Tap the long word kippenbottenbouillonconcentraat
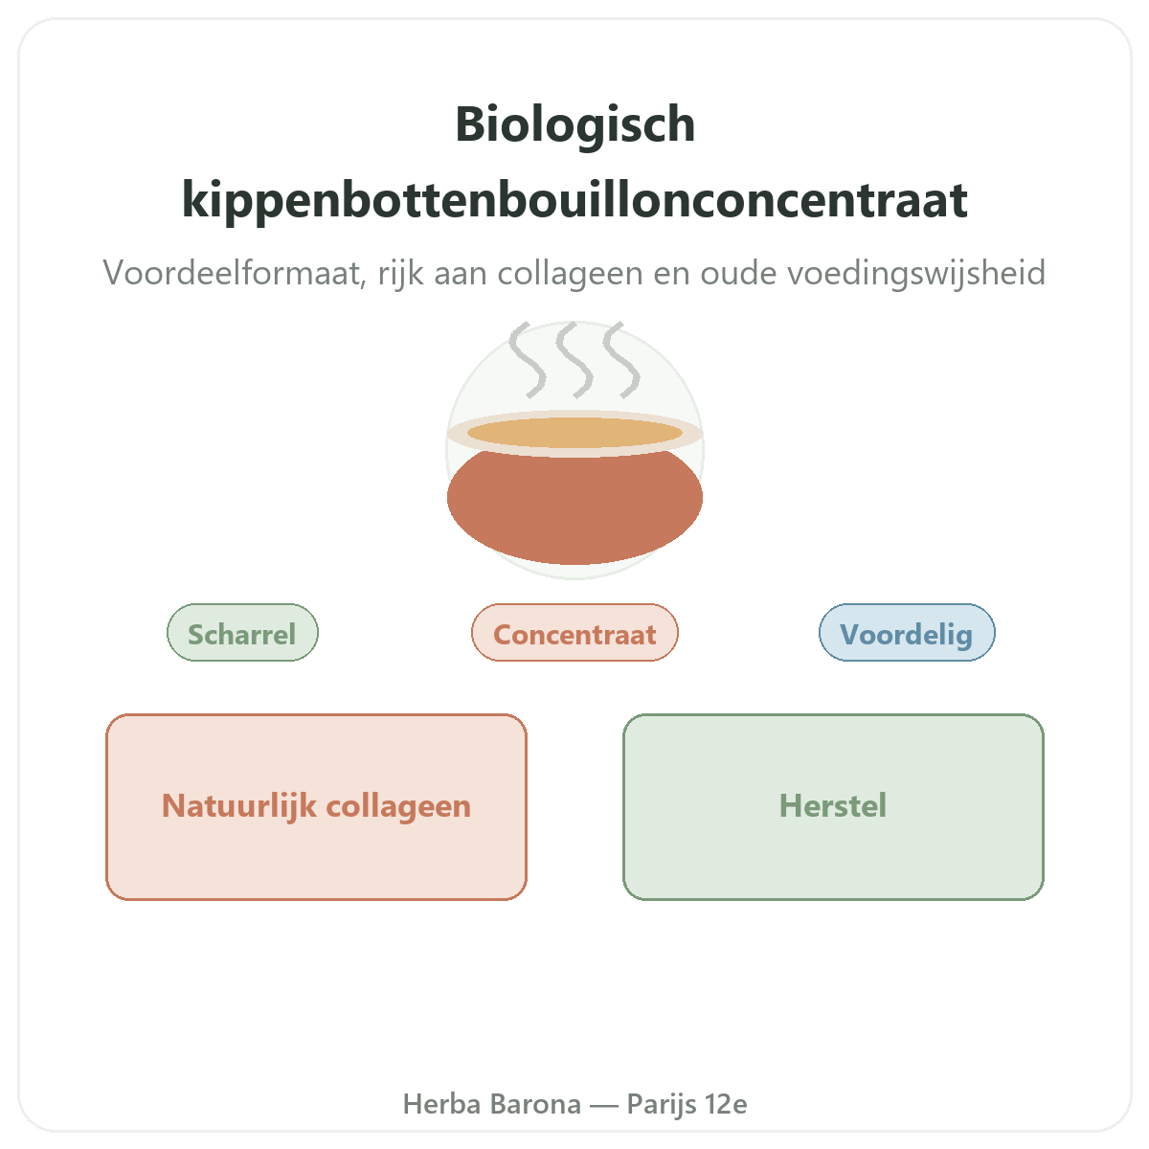(x=574, y=201)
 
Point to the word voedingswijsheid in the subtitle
(x=916, y=274)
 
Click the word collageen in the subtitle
(x=570, y=274)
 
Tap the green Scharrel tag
(x=242, y=632)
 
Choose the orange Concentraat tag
(x=574, y=632)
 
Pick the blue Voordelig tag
(x=907, y=632)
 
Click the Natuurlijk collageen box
(x=316, y=807)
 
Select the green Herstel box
(x=833, y=807)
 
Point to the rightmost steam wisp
(x=621, y=361)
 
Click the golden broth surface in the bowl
(x=574, y=433)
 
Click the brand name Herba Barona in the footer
(x=492, y=1104)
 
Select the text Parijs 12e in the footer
(x=687, y=1105)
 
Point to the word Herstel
(x=833, y=806)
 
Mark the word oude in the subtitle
(x=739, y=273)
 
